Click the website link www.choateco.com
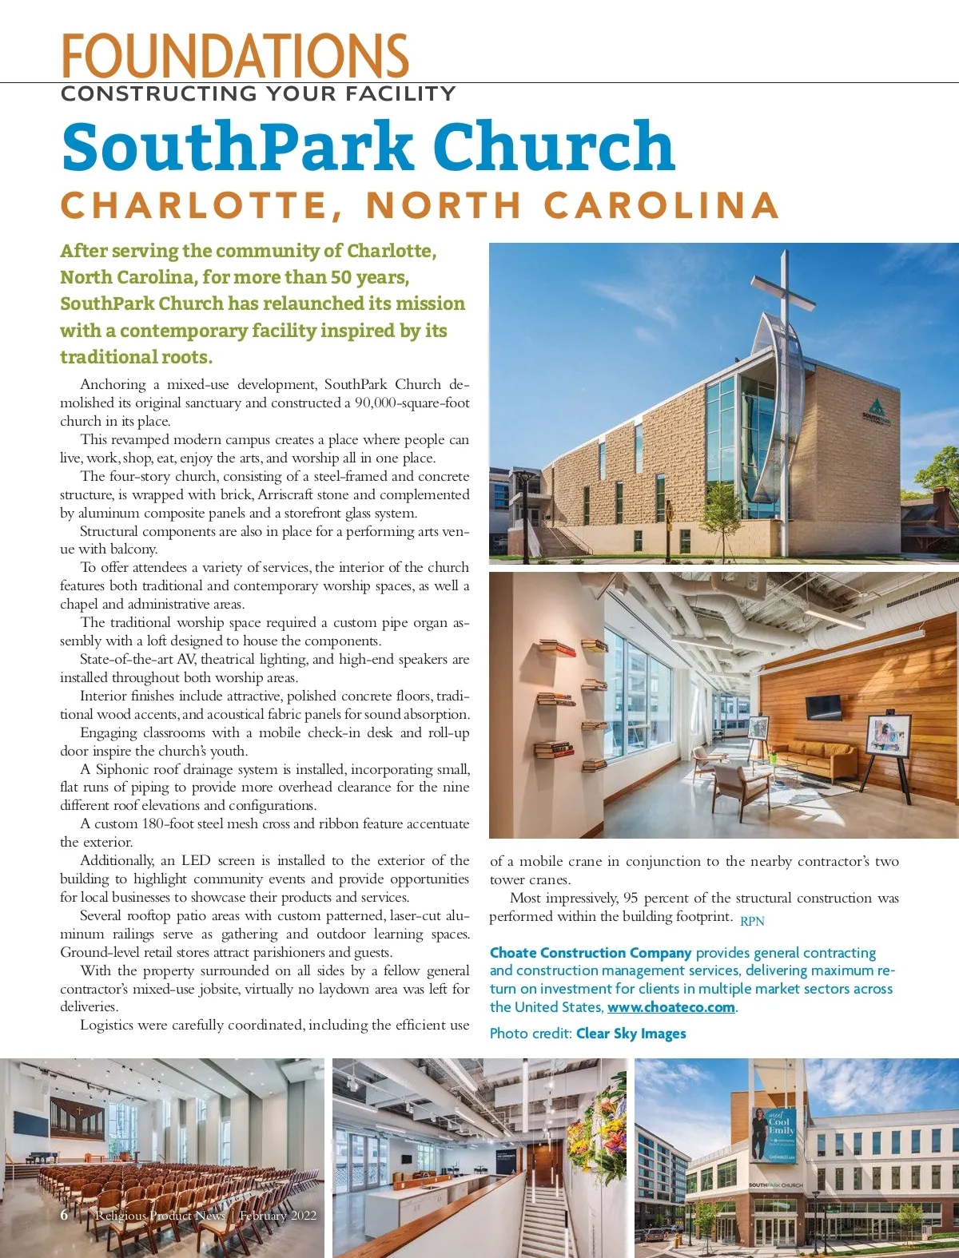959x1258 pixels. [671, 1007]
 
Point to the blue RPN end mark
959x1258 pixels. [752, 921]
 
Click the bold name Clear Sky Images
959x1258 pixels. [631, 1034]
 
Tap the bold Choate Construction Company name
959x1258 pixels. [590, 953]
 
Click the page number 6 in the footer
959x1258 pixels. [64, 1215]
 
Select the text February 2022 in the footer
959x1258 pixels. [277, 1216]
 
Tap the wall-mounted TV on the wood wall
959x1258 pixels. [822, 706]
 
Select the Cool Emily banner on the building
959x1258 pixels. [773, 1133]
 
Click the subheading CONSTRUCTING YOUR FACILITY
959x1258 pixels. [258, 94]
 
